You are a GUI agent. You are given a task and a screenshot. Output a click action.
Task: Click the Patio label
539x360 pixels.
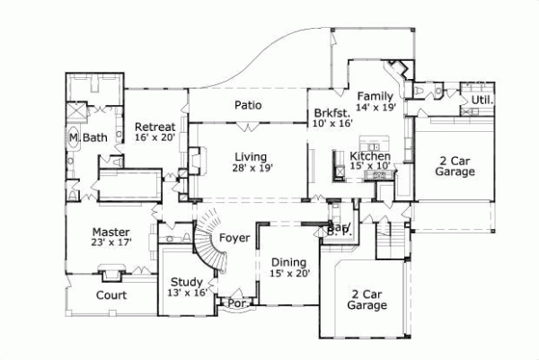click(248, 105)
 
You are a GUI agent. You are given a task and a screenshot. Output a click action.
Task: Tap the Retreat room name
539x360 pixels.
click(155, 127)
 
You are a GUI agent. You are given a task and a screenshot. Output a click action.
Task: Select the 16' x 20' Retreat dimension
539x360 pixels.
click(155, 138)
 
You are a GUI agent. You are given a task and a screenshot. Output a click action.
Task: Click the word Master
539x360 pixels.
click(110, 231)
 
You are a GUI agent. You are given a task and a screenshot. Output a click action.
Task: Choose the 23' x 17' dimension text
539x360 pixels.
click(110, 242)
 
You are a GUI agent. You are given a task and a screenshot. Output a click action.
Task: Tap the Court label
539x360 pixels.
click(110, 294)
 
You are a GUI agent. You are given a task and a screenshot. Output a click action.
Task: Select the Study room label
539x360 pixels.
click(188, 280)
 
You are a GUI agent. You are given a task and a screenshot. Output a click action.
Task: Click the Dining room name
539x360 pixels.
click(289, 262)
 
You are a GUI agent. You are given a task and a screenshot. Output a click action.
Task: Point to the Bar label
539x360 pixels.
click(338, 229)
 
